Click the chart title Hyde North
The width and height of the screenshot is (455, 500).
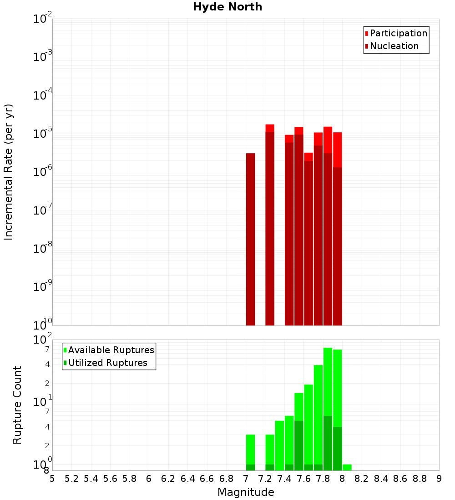coord(227,7)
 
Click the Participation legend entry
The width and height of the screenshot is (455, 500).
coord(399,33)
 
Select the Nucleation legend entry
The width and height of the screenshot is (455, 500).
coord(394,46)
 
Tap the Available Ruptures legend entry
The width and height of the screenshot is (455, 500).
coord(111,350)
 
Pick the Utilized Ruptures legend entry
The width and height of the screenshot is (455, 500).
coord(107,363)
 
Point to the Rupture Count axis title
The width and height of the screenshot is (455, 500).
coord(17,405)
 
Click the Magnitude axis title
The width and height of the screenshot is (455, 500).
coord(246,492)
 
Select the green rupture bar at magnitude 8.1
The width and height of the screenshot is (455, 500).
coord(347,467)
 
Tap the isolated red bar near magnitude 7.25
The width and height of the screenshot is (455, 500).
coord(270,227)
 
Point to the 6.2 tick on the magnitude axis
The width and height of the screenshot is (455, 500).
coord(168,479)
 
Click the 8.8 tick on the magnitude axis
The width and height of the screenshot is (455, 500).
coord(420,479)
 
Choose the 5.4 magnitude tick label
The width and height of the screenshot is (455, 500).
coord(91,479)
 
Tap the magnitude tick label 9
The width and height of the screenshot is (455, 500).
coord(439,479)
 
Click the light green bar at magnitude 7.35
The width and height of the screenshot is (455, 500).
coord(279,445)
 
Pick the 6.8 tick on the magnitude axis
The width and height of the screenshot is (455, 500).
coord(226,479)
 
